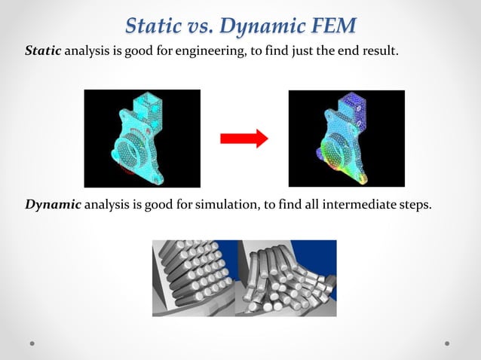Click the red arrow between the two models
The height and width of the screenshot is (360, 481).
pos(244,139)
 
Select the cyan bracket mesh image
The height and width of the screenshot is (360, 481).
pos(142,139)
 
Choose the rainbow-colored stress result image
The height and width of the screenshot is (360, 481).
pos(346,139)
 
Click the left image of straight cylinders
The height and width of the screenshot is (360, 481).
pos(195,278)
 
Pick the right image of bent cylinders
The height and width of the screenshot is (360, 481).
pos(286,278)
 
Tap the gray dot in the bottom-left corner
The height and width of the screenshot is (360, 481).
pos(33,343)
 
